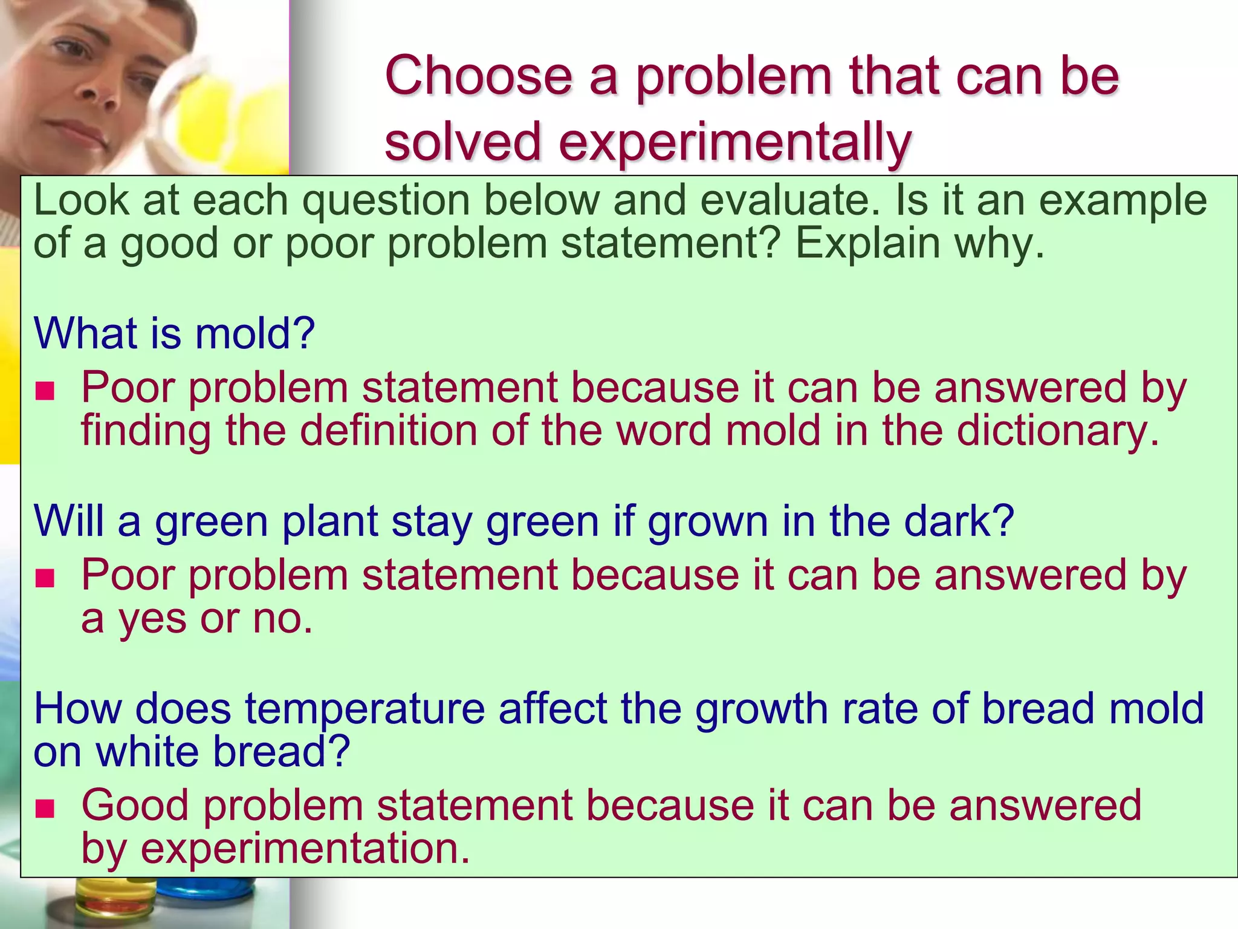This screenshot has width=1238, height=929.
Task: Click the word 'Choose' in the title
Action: [478, 77]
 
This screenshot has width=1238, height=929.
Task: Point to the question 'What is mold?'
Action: [174, 333]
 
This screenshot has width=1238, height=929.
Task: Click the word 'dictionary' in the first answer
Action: [1058, 431]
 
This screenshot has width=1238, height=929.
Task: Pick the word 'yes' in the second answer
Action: [152, 619]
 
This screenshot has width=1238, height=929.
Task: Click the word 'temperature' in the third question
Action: [365, 709]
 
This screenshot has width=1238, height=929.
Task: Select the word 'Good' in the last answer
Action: [135, 806]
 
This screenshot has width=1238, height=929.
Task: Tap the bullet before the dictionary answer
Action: [45, 391]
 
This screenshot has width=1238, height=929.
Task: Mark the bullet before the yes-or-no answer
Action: [45, 579]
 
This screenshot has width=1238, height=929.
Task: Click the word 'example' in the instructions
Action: [1123, 201]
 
